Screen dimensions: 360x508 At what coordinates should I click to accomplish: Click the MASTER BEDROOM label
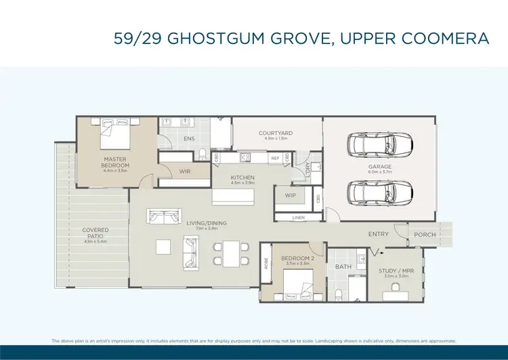(x=116, y=163)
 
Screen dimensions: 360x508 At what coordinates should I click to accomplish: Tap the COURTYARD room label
(x=276, y=134)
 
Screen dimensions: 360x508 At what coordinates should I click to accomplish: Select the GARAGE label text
(x=380, y=167)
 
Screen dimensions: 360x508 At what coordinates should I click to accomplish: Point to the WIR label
(x=185, y=172)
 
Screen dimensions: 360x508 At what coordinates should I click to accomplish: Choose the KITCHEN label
(x=242, y=178)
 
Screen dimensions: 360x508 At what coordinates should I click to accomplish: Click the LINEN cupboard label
(x=299, y=218)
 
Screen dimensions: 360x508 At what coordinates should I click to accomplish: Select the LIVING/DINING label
(x=207, y=223)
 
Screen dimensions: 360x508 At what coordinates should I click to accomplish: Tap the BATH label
(x=343, y=267)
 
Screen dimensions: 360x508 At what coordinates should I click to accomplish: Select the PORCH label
(x=425, y=235)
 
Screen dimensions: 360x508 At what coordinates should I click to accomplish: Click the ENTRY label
(x=378, y=235)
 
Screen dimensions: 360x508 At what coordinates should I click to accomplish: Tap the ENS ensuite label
(x=190, y=140)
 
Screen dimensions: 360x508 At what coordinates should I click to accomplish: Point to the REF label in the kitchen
(x=275, y=158)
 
